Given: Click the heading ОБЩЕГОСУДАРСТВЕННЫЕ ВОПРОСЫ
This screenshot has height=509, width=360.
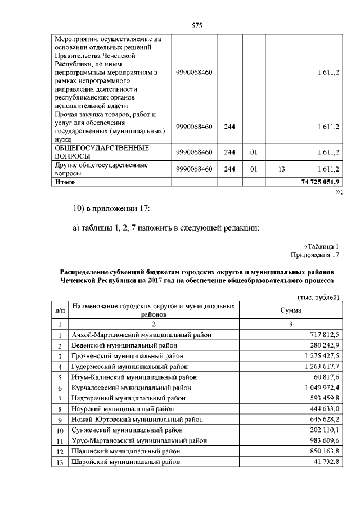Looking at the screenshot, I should pos(101,152).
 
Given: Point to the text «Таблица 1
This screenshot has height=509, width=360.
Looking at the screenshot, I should pos(321,246).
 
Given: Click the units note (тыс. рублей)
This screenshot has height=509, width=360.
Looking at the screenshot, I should pos(318,296).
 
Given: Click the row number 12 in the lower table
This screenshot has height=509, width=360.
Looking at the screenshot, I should pos(60,451).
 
